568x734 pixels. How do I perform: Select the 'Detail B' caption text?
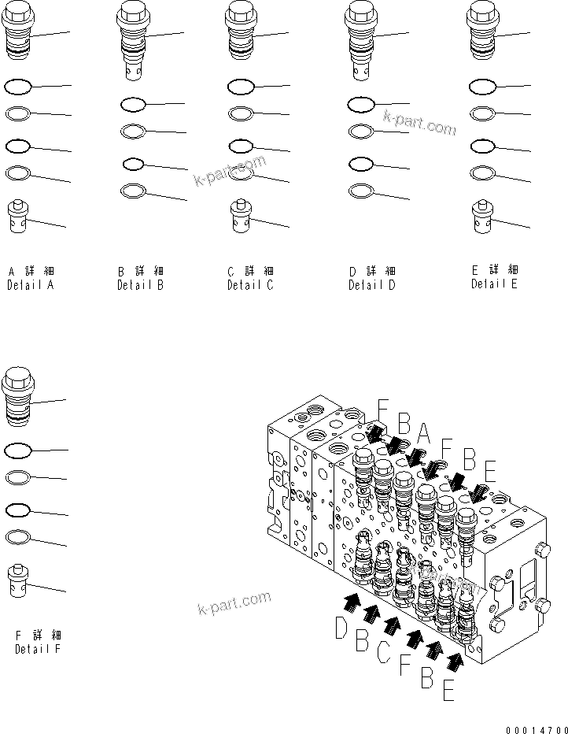[140, 286]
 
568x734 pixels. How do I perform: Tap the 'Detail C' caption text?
[250, 286]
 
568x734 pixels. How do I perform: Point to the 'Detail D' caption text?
[372, 286]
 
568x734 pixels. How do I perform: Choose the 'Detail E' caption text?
[494, 284]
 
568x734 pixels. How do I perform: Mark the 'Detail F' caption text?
[38, 649]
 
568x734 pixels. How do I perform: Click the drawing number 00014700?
[537, 725]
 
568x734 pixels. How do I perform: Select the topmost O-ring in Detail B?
[133, 104]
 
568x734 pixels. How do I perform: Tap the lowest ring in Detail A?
[18, 172]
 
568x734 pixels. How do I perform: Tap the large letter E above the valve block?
[489, 473]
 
